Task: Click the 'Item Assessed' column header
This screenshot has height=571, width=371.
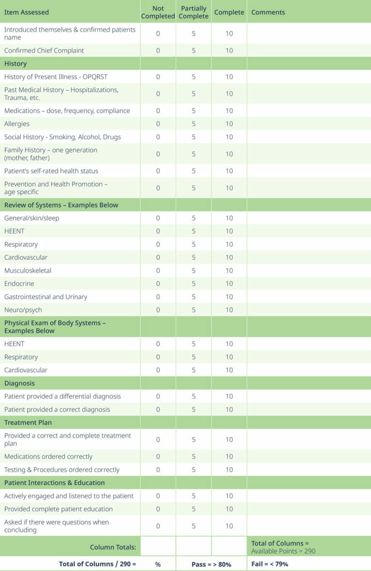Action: (27, 12)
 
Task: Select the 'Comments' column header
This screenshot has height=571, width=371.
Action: (268, 12)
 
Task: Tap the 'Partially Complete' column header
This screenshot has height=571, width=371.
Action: (194, 12)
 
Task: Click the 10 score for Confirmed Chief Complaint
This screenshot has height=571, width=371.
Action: (229, 50)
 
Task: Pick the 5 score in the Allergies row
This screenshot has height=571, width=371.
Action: (194, 124)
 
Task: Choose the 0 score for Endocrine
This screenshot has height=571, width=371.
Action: (158, 284)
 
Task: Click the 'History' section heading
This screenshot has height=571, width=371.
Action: (15, 64)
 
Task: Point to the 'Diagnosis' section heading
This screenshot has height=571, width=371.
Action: (19, 383)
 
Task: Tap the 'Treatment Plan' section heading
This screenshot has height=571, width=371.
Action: (28, 422)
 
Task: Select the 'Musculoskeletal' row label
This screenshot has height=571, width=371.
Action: (28, 271)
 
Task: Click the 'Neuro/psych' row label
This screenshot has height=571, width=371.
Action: (23, 310)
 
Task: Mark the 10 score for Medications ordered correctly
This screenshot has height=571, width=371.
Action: (229, 457)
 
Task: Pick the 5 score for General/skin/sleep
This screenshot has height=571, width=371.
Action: (194, 218)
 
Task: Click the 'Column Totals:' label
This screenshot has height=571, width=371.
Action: (113, 547)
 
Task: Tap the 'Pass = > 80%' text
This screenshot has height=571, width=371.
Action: (212, 564)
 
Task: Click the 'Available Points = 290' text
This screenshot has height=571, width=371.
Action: (283, 551)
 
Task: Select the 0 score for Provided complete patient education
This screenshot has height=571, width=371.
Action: (158, 509)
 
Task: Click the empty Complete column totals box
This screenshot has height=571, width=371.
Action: (229, 546)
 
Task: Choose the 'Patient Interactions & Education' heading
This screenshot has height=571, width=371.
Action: (55, 483)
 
